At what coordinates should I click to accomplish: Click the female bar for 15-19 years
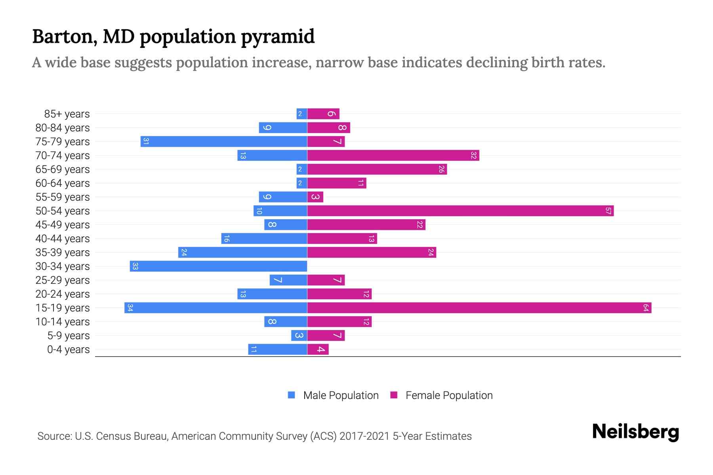point(479,308)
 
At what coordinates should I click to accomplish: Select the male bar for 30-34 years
point(218,266)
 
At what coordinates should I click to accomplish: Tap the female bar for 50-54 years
point(460,211)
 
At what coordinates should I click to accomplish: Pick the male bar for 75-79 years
point(224,142)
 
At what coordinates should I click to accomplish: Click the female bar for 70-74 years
point(393,156)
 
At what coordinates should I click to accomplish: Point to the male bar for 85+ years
point(302,114)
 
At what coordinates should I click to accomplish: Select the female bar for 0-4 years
point(318,350)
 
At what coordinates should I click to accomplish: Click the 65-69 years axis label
point(63,169)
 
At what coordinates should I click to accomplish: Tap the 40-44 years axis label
point(63,239)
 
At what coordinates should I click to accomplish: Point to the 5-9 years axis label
point(69,336)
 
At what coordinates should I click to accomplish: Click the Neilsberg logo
point(635,431)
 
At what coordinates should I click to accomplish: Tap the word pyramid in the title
point(278,37)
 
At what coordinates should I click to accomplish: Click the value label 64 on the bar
point(646,308)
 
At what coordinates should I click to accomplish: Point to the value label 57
point(608,211)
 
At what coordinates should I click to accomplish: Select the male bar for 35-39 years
point(242,253)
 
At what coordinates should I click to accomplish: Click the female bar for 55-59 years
point(315,197)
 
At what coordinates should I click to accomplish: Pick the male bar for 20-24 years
point(272,294)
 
